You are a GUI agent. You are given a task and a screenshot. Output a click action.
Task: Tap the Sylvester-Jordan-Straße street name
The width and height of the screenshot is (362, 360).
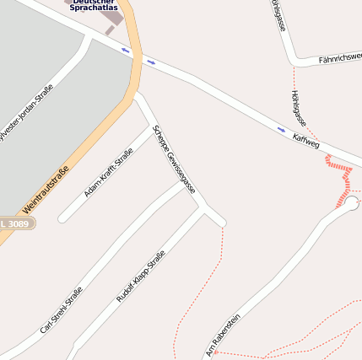coord(25,113)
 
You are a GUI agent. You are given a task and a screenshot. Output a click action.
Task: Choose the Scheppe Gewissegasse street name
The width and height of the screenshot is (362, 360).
coord(174,159)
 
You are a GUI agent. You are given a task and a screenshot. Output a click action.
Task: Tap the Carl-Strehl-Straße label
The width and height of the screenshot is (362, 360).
coord(61,310)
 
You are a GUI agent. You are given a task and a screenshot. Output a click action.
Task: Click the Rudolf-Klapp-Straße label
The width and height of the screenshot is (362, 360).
coord(140,276)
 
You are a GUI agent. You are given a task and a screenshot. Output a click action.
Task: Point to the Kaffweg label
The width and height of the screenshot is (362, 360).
coord(305,141)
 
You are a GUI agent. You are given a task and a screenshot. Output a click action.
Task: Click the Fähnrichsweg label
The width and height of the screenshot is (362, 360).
coord(339,59)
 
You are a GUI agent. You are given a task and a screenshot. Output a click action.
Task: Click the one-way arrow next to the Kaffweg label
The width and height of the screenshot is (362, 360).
coord(281,129)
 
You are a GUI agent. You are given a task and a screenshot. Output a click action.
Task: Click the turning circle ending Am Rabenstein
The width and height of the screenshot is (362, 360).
coord(351,203)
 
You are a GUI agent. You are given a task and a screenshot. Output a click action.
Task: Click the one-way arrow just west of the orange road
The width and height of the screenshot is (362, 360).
coord(126,50)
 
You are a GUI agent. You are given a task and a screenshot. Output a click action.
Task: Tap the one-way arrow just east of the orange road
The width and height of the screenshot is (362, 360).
coord(151,61)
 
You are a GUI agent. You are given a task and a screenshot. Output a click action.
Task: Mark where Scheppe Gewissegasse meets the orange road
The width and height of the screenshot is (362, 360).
coord(136,94)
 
